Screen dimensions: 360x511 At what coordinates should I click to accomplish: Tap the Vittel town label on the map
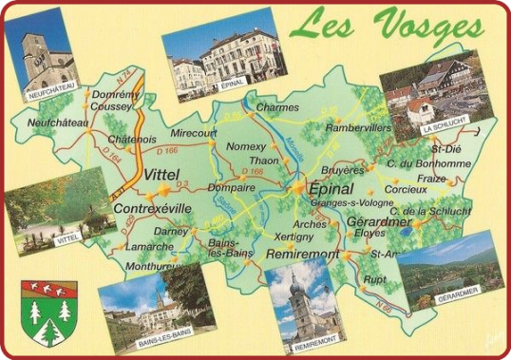(x=163, y=175)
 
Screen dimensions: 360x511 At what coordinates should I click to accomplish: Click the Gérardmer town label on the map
(x=378, y=221)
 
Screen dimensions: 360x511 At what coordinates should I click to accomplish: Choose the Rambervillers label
(x=357, y=127)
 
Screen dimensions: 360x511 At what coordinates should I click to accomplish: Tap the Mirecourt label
(x=194, y=134)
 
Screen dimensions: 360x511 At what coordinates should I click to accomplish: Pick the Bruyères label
(x=343, y=171)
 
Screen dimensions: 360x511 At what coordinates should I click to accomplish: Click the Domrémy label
(x=113, y=95)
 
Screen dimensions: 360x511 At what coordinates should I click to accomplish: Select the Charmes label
(x=277, y=107)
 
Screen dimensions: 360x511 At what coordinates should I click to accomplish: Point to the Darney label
(x=171, y=231)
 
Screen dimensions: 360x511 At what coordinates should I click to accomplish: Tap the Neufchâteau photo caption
(x=52, y=96)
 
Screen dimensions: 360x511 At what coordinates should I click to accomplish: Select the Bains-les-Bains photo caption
(x=163, y=332)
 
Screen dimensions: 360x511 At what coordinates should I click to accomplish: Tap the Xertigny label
(x=293, y=236)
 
